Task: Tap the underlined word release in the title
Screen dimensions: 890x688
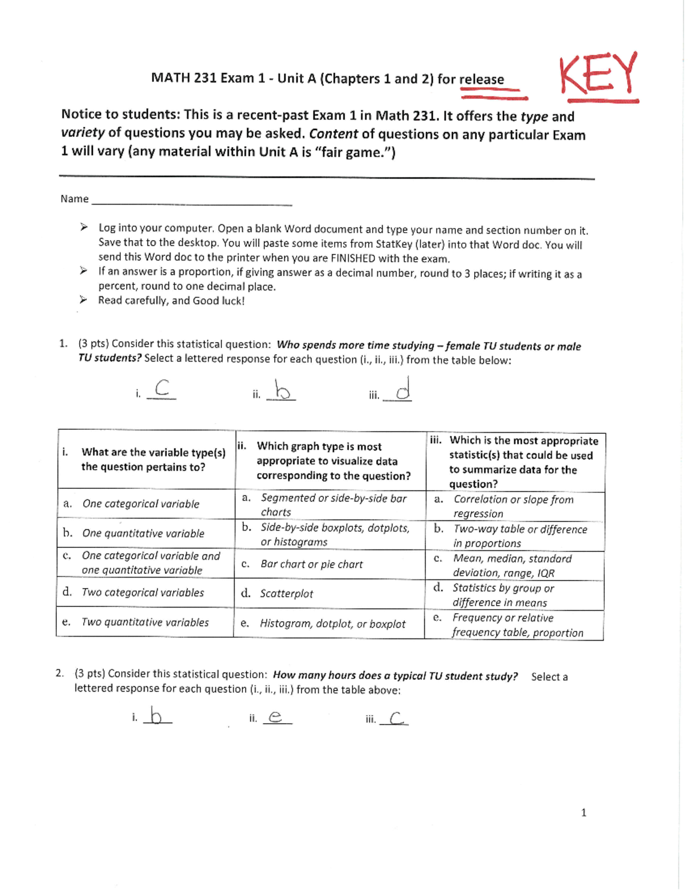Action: tap(482, 80)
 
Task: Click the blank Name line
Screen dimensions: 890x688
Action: tap(191, 201)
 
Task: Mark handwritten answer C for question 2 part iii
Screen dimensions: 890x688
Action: tap(396, 718)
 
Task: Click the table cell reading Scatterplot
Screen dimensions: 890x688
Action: tap(286, 594)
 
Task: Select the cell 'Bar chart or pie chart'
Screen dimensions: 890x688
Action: tap(311, 564)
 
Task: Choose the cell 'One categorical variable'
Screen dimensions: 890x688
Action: tap(140, 504)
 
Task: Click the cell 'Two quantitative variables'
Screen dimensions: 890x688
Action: tap(145, 622)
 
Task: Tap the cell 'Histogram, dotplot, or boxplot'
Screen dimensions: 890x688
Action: tap(333, 624)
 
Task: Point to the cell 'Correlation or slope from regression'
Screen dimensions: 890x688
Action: tap(513, 507)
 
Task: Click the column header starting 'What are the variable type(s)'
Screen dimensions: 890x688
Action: tap(153, 460)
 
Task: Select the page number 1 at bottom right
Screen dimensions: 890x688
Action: tap(584, 812)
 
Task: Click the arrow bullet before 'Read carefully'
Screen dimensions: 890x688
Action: tap(84, 300)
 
